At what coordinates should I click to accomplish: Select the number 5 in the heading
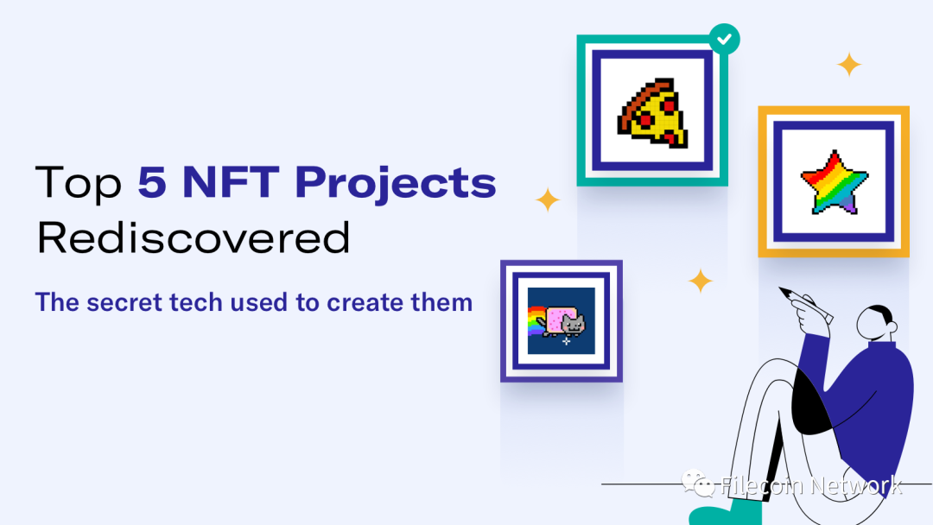152,182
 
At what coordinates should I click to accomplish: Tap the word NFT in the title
231,181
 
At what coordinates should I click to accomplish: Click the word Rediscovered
194,237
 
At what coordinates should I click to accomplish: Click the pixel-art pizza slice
653,112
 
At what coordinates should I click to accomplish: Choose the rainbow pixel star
834,182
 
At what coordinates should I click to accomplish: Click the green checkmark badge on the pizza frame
724,39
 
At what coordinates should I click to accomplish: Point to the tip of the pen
780,288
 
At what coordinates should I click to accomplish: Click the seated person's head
877,323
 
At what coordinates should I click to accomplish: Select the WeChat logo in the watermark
697,482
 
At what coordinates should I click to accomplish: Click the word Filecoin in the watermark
762,485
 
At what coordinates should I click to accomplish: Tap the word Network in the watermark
856,485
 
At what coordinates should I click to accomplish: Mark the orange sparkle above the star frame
849,64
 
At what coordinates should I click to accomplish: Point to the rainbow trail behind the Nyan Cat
536,321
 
